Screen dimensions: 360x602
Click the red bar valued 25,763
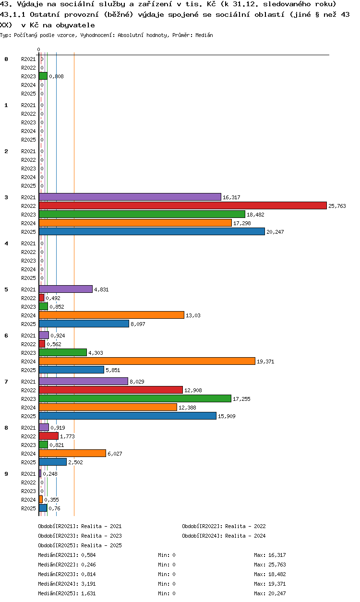(183, 205)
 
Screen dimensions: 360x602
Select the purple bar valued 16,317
(130, 197)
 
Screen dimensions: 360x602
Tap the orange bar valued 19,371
(147, 361)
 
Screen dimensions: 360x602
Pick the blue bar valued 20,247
(152, 231)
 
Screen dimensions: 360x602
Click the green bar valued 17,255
(135, 398)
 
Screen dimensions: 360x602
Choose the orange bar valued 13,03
(111, 315)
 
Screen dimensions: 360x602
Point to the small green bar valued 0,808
(43, 76)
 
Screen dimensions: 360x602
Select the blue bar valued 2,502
(53, 462)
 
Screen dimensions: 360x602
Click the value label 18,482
(255, 215)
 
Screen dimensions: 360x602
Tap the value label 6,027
(115, 454)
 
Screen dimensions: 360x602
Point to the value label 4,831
(101, 289)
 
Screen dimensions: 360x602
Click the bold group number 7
(6, 382)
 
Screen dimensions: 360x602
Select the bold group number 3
(6, 197)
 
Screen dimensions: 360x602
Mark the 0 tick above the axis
(39, 49)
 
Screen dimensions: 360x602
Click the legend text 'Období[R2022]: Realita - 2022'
(224, 526)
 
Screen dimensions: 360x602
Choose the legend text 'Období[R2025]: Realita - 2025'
(80, 545)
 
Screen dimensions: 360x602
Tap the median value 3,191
(88, 584)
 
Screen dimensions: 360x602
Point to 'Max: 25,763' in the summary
(270, 565)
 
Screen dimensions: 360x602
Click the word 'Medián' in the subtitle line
(204, 35)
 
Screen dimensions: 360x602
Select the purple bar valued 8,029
(84, 381)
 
